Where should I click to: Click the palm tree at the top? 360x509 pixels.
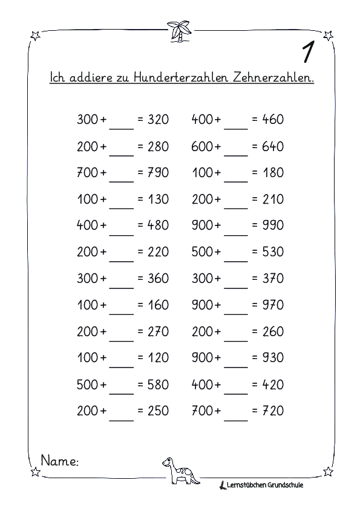(x=180, y=30)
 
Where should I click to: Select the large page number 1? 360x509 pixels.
(x=307, y=53)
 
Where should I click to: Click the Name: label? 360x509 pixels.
(x=59, y=461)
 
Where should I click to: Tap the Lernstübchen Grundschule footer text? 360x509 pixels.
(x=266, y=484)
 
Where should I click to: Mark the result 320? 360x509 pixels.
(x=158, y=120)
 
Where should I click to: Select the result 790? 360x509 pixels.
(x=158, y=173)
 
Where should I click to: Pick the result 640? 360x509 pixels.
(x=272, y=146)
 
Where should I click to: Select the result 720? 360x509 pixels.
(x=272, y=412)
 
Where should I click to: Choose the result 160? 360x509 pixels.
(x=158, y=305)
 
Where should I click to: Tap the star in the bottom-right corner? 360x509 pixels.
(x=328, y=471)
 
